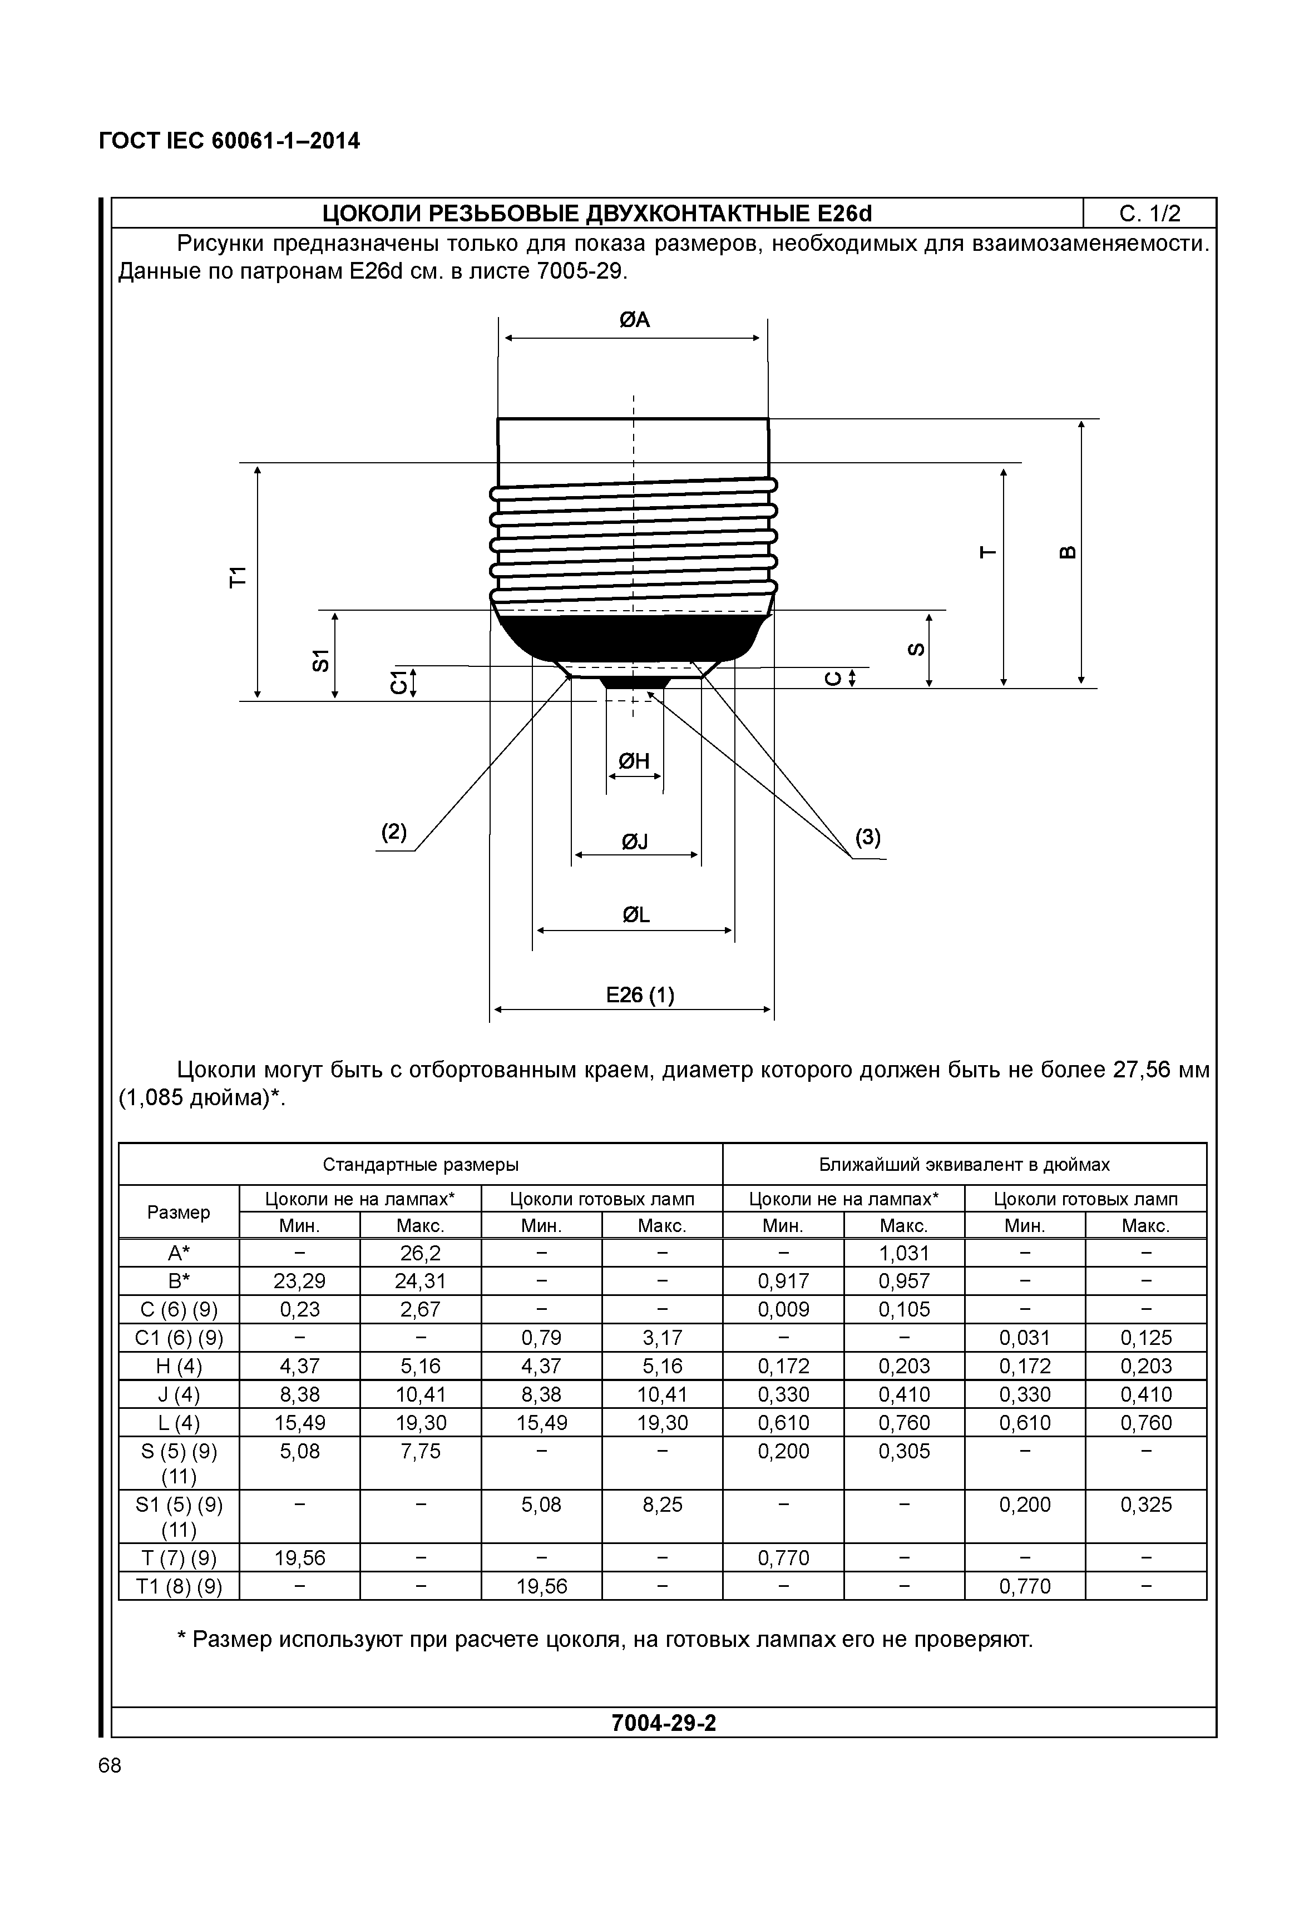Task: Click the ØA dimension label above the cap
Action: (634, 319)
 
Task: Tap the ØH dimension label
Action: (634, 761)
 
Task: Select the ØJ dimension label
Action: (634, 842)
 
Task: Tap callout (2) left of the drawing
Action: (393, 832)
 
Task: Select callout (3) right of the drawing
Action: (868, 838)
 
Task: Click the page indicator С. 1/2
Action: (1149, 214)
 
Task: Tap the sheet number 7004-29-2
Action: (664, 1723)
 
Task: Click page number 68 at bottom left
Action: (110, 1766)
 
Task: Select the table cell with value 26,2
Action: (420, 1253)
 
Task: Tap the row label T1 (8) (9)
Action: (179, 1586)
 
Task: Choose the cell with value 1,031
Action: (903, 1253)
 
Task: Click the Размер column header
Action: (179, 1212)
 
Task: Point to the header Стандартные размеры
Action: (420, 1164)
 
